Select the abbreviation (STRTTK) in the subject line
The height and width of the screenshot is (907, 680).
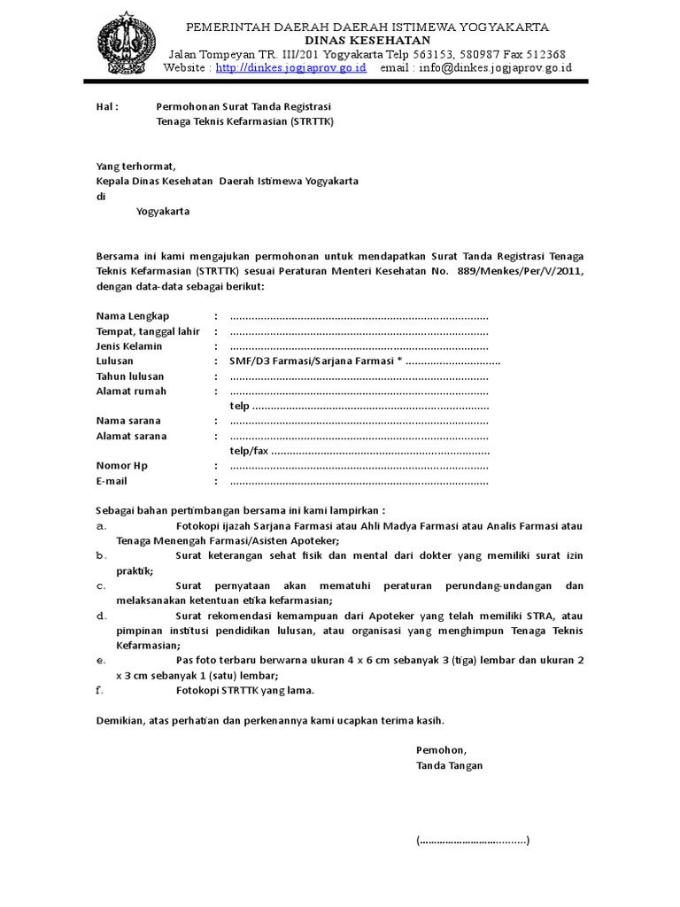click(x=313, y=121)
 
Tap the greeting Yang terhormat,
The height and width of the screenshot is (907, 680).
click(x=136, y=167)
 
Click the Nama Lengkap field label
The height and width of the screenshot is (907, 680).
click(x=132, y=316)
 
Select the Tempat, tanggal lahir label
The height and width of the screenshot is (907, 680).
click(x=148, y=331)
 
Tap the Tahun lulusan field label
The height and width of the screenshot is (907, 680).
click(x=130, y=376)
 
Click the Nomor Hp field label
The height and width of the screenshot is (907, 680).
click(x=122, y=466)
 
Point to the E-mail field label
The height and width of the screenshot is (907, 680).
click(x=112, y=481)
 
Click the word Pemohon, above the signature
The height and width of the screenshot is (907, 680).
click(x=440, y=750)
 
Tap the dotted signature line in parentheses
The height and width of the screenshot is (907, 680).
click(x=473, y=841)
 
